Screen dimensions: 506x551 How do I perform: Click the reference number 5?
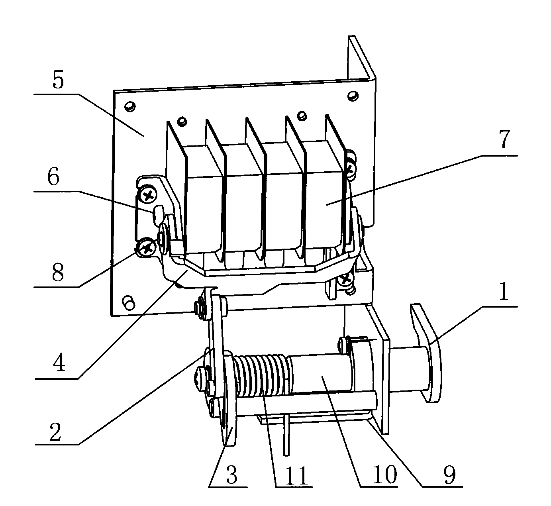tap(58, 80)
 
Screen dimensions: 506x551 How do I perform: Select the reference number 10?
tap(384, 475)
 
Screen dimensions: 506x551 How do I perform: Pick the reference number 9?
tap(449, 475)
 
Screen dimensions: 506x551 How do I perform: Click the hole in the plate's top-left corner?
tap(129, 106)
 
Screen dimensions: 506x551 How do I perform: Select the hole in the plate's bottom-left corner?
tap(128, 301)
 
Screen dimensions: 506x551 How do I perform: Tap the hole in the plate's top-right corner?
tap(351, 95)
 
